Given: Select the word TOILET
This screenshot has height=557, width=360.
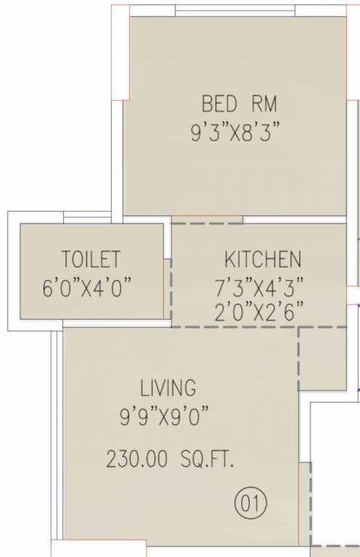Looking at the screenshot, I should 91,260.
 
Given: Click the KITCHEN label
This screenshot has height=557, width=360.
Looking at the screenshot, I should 262,260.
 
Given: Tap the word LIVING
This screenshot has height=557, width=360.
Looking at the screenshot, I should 168,387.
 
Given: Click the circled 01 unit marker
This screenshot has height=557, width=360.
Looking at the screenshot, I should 251,502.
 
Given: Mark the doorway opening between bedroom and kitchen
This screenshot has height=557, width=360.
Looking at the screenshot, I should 207,219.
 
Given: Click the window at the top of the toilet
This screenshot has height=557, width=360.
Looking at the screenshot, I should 87,218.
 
